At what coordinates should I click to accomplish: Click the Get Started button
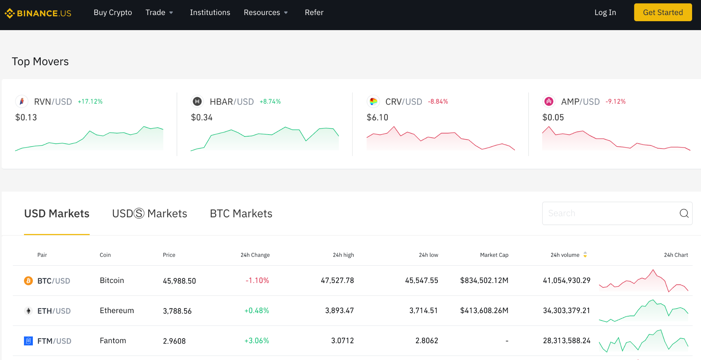pyautogui.click(x=663, y=12)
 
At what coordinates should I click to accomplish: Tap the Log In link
pyautogui.click(x=605, y=13)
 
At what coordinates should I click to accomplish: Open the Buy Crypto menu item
pyautogui.click(x=113, y=13)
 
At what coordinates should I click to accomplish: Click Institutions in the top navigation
pyautogui.click(x=210, y=13)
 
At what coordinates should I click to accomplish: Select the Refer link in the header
pyautogui.click(x=314, y=13)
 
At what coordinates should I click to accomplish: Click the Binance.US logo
pyautogui.click(x=38, y=13)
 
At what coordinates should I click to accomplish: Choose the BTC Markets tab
pyautogui.click(x=241, y=214)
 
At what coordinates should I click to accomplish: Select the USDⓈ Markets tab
pyautogui.click(x=150, y=214)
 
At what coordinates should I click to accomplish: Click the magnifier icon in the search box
pyautogui.click(x=684, y=213)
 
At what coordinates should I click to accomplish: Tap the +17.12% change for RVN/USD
pyautogui.click(x=90, y=102)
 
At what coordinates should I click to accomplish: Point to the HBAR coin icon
pyautogui.click(x=197, y=101)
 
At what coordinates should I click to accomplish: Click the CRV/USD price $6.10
pyautogui.click(x=377, y=117)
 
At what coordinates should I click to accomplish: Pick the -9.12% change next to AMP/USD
pyautogui.click(x=615, y=102)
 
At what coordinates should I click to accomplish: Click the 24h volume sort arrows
pyautogui.click(x=585, y=255)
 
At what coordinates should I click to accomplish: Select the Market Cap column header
pyautogui.click(x=494, y=255)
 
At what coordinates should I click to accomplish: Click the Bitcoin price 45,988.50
pyautogui.click(x=179, y=281)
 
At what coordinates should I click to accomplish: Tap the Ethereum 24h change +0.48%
pyautogui.click(x=256, y=311)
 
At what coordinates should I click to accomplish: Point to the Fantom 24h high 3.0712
pyautogui.click(x=342, y=341)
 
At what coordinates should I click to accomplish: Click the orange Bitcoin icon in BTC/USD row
pyautogui.click(x=28, y=281)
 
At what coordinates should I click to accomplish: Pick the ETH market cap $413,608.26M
pyautogui.click(x=484, y=311)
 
